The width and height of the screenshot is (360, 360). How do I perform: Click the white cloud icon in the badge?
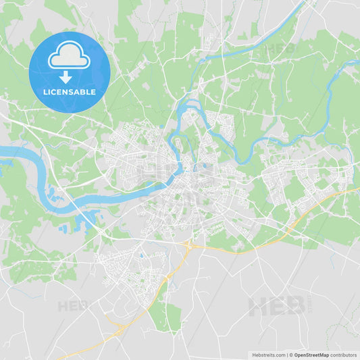coord(69,58)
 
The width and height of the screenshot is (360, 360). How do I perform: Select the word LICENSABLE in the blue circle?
coord(69,91)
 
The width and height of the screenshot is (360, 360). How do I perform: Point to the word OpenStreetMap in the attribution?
coord(311,354)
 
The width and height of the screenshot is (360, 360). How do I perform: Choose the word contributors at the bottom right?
coord(344,354)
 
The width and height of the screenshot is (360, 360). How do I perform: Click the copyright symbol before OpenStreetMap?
coord(290,354)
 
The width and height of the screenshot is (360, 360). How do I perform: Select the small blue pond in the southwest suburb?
coord(141,255)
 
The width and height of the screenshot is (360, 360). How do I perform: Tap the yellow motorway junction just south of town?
coord(188,245)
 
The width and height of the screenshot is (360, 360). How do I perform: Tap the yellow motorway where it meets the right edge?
coord(356,189)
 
